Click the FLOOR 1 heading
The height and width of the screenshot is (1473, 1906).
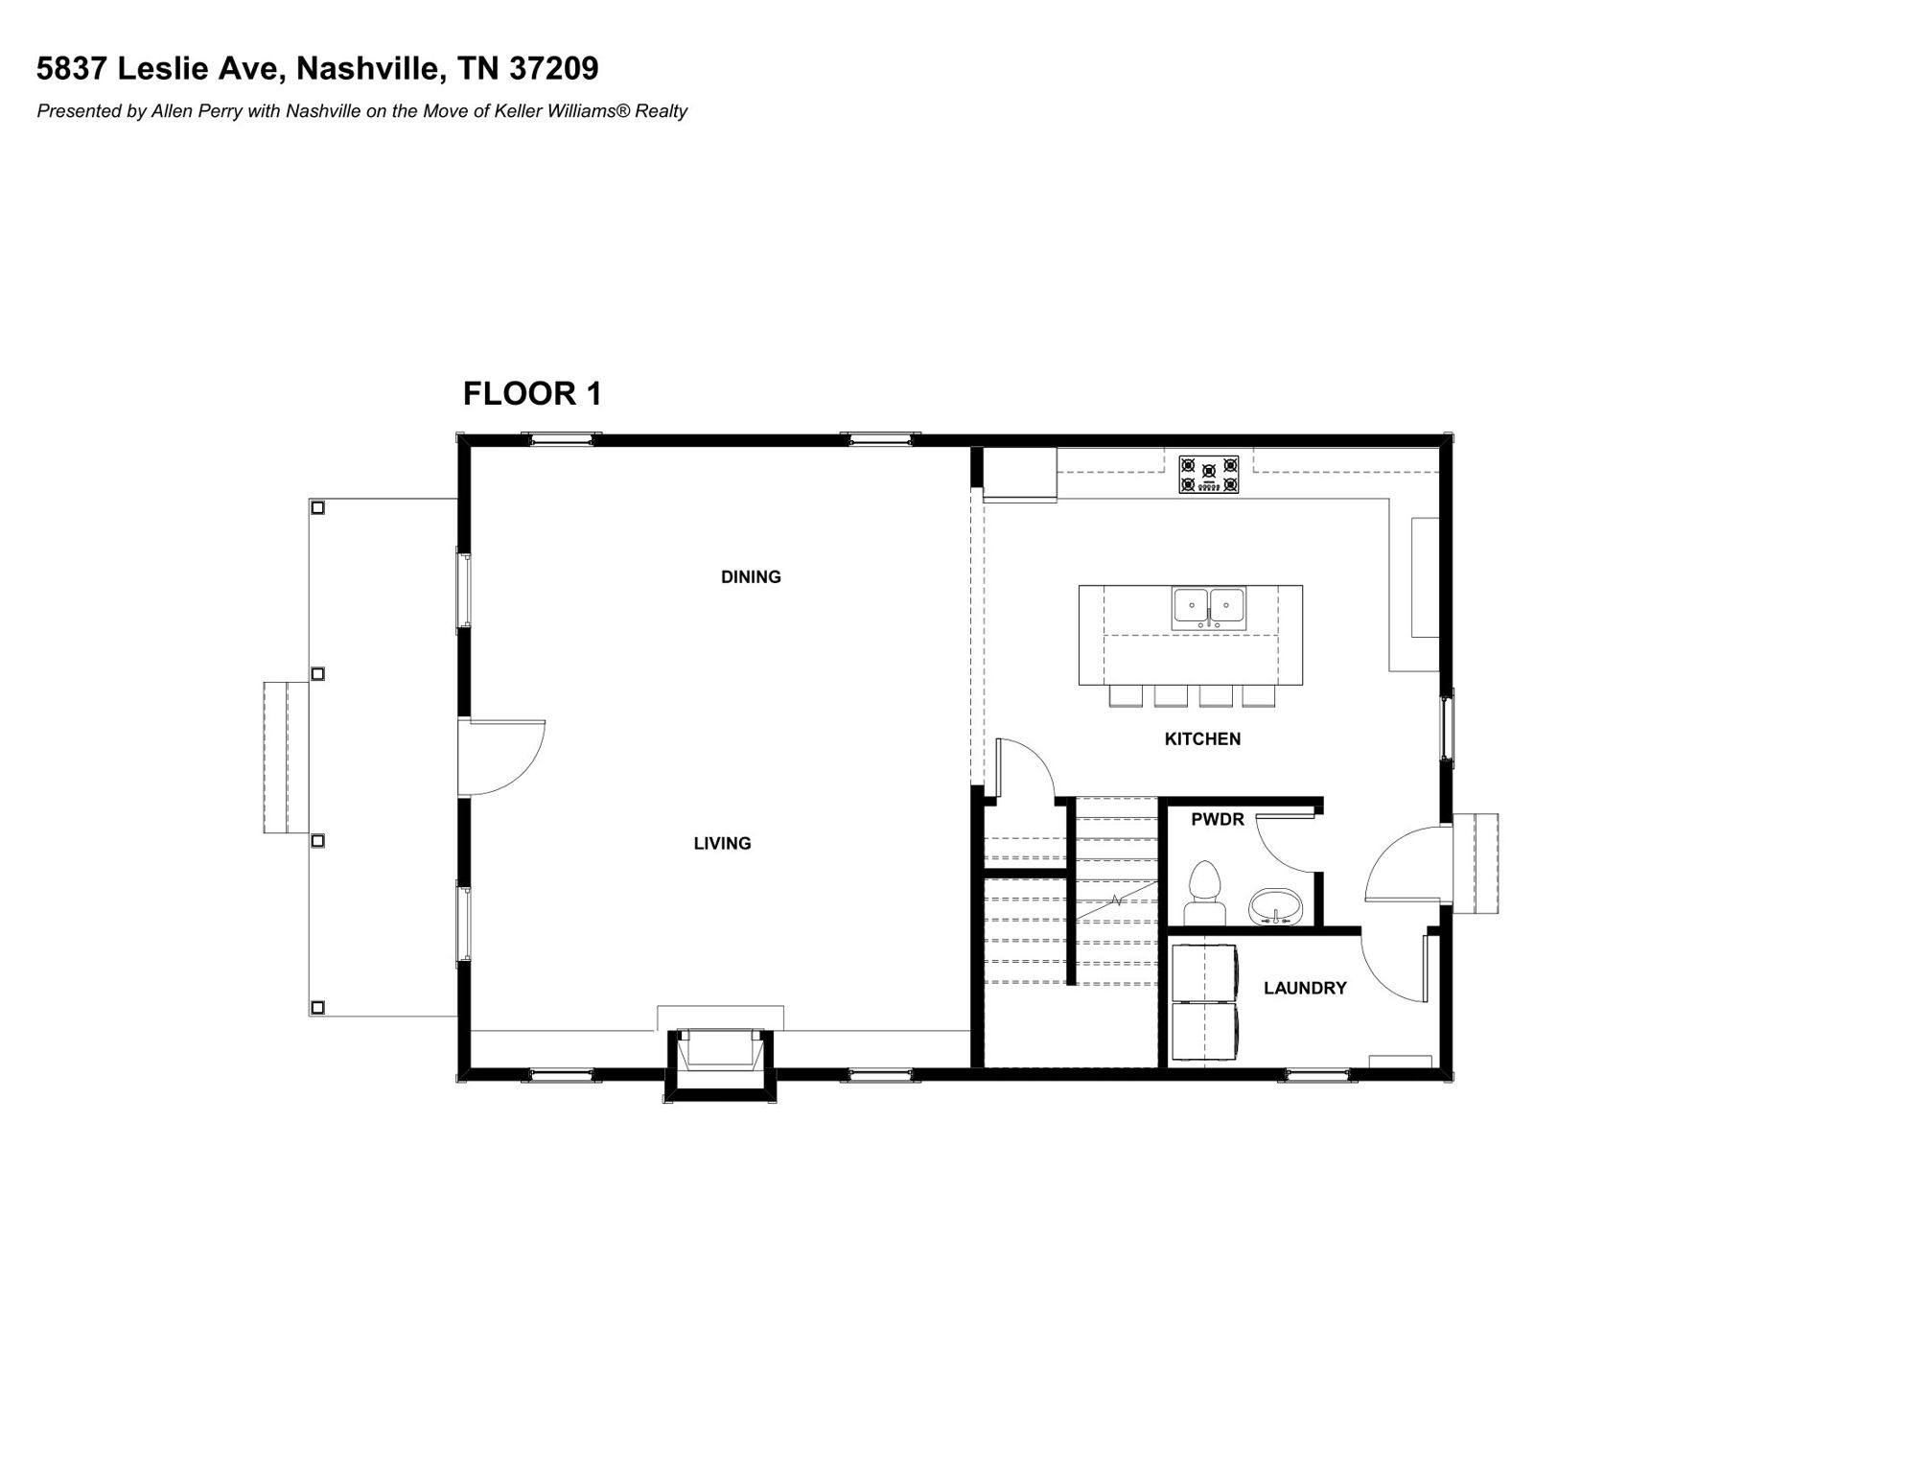point(532,393)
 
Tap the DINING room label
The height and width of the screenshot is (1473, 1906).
point(751,576)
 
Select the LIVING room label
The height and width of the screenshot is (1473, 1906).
point(722,843)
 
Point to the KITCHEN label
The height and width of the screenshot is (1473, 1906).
point(1202,738)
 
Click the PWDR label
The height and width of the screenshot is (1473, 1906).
point(1218,819)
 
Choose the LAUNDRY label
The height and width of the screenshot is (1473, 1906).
point(1305,988)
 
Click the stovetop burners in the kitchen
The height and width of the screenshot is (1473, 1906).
point(1208,475)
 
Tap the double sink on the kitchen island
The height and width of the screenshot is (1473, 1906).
point(1208,609)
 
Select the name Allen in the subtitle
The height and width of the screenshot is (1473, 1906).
point(170,111)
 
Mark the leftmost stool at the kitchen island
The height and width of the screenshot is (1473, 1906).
point(1126,696)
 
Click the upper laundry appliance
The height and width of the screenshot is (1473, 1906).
point(1204,973)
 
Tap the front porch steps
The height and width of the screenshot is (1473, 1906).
point(286,758)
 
